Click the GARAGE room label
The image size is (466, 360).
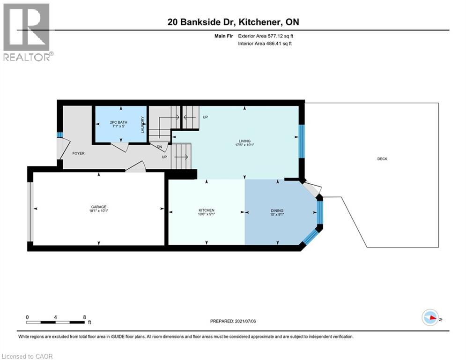(99, 207)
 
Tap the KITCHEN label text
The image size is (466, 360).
(207, 210)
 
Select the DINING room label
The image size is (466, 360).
(277, 210)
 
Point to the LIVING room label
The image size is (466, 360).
(244, 141)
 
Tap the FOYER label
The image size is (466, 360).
(78, 153)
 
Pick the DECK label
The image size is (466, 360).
(382, 159)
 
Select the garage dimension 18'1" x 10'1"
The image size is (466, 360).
(99, 211)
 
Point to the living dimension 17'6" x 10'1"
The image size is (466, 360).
(244, 145)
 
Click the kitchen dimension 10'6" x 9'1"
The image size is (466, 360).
(207, 214)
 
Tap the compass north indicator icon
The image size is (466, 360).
(430, 318)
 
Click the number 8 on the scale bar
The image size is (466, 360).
(84, 317)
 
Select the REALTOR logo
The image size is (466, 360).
(27, 32)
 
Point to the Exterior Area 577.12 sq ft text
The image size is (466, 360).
(266, 36)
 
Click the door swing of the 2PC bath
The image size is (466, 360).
(121, 147)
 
